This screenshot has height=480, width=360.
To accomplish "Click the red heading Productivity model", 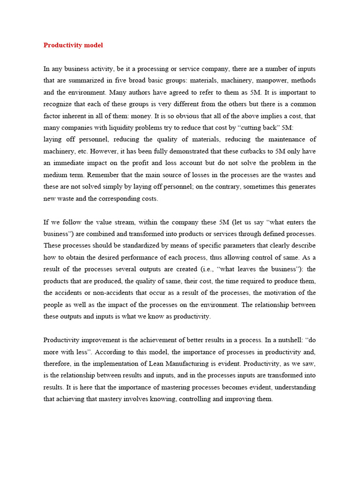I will click(73, 45).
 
